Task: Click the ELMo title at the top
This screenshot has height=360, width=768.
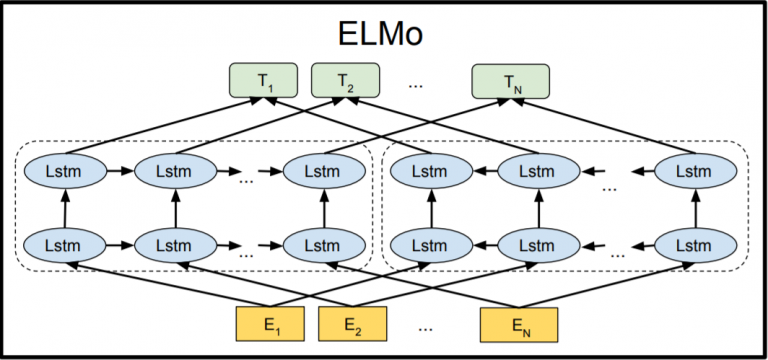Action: pyautogui.click(x=380, y=32)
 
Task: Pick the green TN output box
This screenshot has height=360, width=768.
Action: pyautogui.click(x=511, y=81)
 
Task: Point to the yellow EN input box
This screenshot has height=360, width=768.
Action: pyautogui.click(x=517, y=324)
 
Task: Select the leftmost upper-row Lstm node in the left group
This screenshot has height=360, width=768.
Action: pyautogui.click(x=65, y=171)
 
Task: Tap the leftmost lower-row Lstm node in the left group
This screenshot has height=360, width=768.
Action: pyautogui.click(x=65, y=242)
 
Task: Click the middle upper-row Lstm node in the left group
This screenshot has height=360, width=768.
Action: pyautogui.click(x=174, y=171)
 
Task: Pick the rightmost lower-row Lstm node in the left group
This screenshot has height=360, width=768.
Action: pyautogui.click(x=322, y=242)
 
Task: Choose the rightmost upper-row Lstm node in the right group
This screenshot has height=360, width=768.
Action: pyautogui.click(x=692, y=171)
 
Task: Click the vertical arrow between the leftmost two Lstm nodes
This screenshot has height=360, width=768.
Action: pyautogui.click(x=65, y=207)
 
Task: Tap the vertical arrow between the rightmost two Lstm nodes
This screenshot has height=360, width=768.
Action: pyautogui.click(x=692, y=207)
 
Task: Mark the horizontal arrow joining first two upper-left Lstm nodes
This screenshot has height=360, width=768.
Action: pyautogui.click(x=119, y=171)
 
